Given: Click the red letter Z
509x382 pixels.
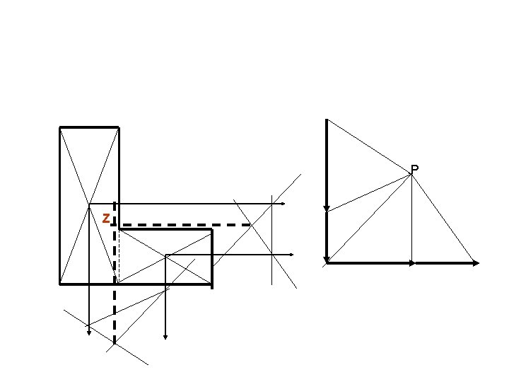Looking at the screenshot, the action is click(106, 219).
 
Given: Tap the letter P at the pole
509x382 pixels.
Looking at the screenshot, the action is click(414, 169).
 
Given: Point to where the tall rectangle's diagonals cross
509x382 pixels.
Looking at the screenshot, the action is click(89, 204).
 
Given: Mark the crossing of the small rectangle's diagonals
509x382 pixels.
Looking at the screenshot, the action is click(166, 255).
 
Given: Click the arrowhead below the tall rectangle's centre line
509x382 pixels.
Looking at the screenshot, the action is click(89, 333).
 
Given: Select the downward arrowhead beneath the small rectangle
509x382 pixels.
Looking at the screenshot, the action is click(165, 337).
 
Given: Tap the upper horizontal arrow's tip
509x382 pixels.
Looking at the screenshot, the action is click(285, 204).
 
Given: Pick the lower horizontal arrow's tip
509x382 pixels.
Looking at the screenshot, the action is click(293, 255).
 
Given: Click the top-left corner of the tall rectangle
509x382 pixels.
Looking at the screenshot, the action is click(59, 127).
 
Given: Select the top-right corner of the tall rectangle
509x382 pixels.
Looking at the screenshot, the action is click(119, 127).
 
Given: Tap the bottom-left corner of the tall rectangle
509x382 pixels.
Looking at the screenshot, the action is click(59, 284).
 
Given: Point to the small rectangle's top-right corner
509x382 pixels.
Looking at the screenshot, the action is click(212, 229).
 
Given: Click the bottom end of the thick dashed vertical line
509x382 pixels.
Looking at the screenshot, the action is click(115, 343).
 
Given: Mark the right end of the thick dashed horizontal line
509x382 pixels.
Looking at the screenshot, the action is click(250, 224).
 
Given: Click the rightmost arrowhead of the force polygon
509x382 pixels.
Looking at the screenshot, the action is click(476, 263).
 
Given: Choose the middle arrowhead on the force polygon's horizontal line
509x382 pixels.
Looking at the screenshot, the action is click(412, 263).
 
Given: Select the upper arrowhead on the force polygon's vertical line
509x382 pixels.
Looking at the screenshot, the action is click(327, 209).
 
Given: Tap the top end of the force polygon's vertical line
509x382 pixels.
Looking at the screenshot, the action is click(327, 120).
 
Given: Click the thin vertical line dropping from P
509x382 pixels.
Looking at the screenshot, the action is click(412, 219).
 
